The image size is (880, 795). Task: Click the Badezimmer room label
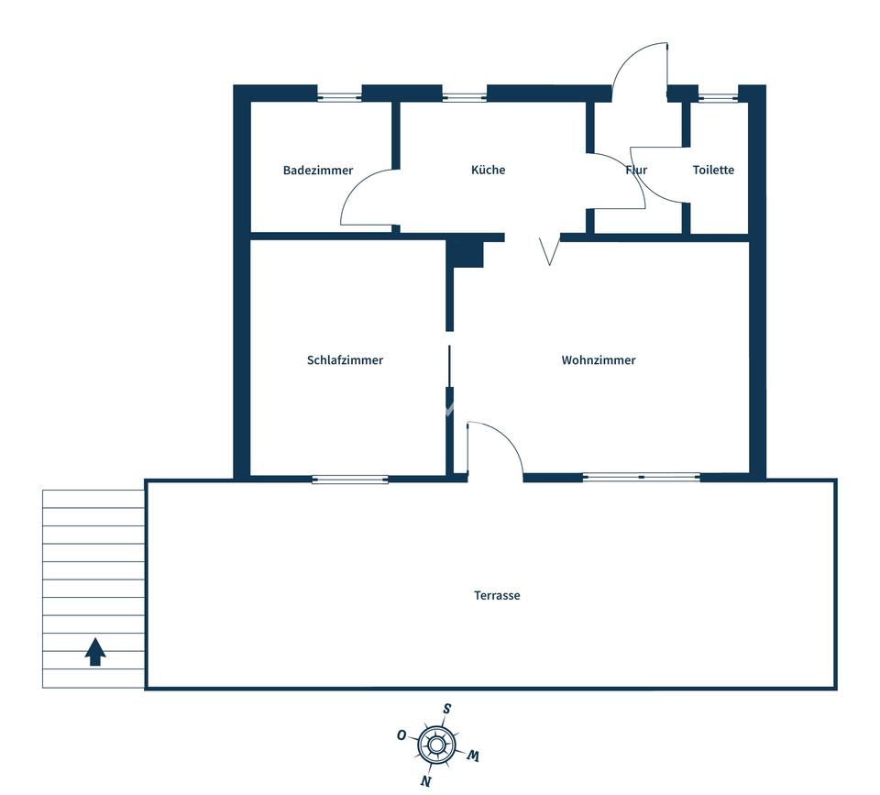(x=318, y=171)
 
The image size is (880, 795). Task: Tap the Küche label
(x=488, y=170)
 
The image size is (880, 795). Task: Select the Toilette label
(x=713, y=170)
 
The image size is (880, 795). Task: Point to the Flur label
(x=636, y=170)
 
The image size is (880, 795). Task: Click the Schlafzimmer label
(x=345, y=360)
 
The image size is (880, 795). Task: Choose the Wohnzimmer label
(x=599, y=360)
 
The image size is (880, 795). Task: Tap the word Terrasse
(x=497, y=595)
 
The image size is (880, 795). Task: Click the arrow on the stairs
(x=95, y=651)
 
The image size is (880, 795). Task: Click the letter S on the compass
(x=446, y=709)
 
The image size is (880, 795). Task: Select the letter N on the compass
(x=424, y=780)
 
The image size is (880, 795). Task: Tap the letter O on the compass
(x=401, y=734)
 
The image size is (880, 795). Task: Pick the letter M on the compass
(x=473, y=756)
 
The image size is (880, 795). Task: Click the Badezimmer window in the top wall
(x=339, y=94)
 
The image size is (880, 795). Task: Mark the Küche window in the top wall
(x=464, y=94)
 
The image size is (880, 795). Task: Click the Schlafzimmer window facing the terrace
(x=350, y=479)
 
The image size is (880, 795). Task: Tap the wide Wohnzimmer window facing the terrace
(x=642, y=477)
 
